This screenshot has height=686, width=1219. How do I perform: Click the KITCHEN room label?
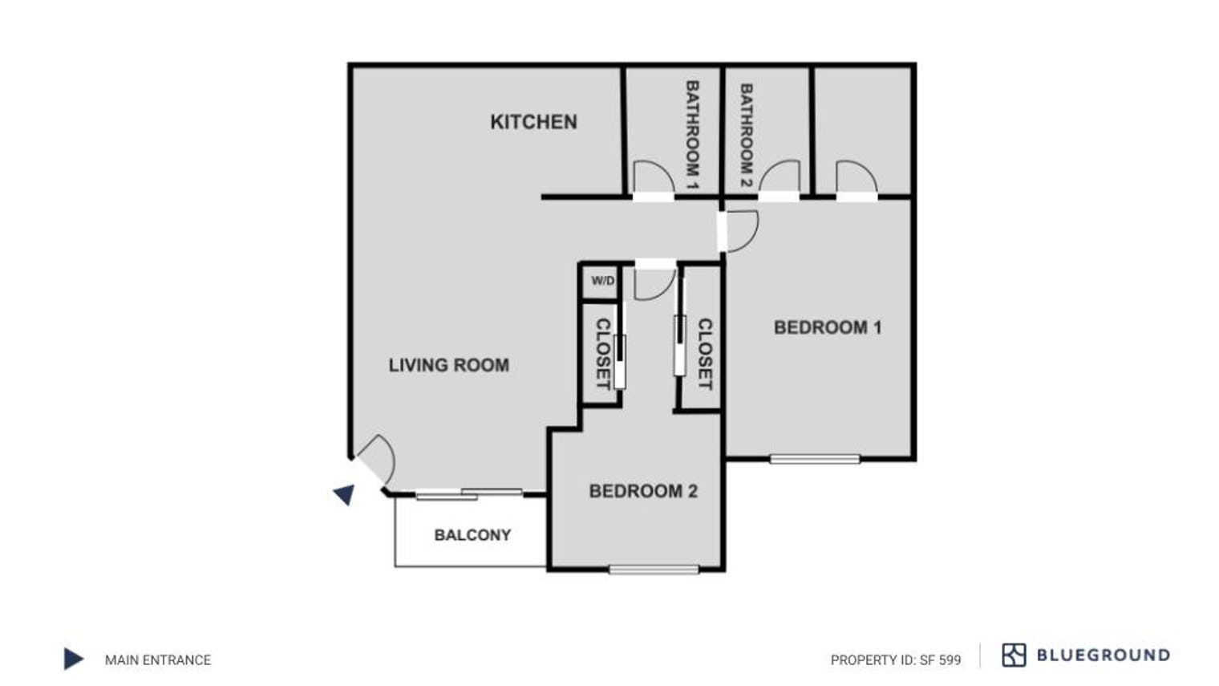tap(533, 122)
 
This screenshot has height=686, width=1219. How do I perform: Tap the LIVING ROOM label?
tap(448, 365)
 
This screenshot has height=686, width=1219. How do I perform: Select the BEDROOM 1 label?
tap(827, 327)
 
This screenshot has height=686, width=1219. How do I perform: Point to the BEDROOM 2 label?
tap(643, 491)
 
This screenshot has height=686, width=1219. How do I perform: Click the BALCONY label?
tap(472, 535)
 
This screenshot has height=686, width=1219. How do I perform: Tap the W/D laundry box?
tap(602, 281)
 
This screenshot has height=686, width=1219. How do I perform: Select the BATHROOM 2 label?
tap(746, 134)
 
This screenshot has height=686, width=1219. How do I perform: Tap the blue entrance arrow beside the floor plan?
tap(345, 494)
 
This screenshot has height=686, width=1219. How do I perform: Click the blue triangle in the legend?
tap(73, 659)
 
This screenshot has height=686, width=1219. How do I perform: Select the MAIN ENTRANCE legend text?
tap(158, 660)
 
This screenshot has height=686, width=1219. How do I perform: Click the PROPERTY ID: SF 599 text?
tap(895, 660)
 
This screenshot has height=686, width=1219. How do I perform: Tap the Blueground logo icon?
tap(1014, 656)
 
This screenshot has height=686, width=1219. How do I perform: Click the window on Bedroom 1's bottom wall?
tap(815, 459)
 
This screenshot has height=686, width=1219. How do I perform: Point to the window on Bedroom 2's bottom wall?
tap(654, 570)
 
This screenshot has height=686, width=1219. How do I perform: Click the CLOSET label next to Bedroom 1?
tap(705, 354)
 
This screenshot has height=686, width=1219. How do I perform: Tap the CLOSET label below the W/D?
tap(602, 354)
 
